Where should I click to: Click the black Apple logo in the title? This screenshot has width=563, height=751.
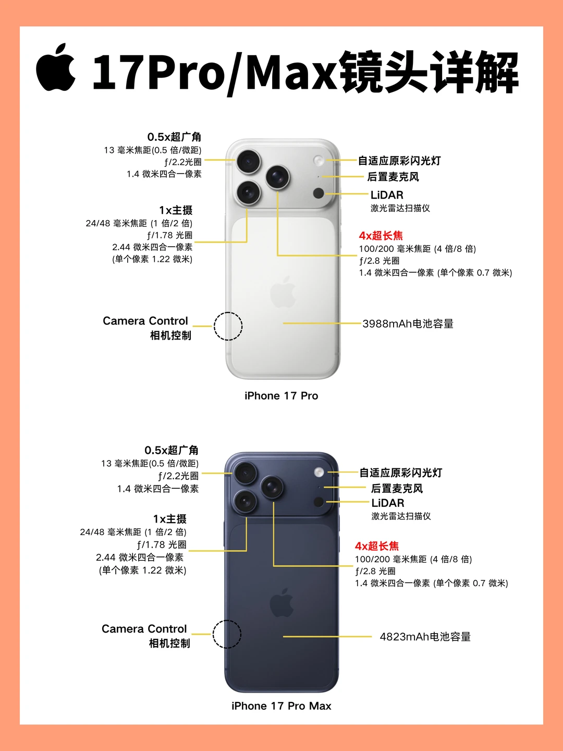[x=56, y=67]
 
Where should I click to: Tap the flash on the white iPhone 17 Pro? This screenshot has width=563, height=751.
[x=319, y=161]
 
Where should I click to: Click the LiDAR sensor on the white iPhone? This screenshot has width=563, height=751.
[x=319, y=193]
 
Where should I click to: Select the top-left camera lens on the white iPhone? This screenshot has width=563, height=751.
[x=249, y=162]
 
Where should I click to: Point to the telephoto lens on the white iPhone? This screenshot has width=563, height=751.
[x=277, y=177]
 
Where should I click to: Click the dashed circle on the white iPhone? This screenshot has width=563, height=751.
[x=228, y=326]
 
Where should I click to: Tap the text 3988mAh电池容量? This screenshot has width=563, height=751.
[x=408, y=324]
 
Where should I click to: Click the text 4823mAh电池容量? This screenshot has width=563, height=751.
[x=425, y=637]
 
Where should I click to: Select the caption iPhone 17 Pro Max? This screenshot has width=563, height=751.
[x=281, y=706]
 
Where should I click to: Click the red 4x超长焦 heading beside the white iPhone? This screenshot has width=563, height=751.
[x=381, y=236]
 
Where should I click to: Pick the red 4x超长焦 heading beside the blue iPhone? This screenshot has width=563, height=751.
[x=377, y=546]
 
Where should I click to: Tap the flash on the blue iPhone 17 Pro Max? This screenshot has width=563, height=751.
[x=319, y=473]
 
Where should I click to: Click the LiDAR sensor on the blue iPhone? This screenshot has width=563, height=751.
[x=319, y=502]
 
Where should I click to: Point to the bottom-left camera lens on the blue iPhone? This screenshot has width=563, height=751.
[x=245, y=501]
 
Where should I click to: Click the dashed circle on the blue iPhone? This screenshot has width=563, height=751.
[x=227, y=634]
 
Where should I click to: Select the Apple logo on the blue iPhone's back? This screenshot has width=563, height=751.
[x=281, y=603]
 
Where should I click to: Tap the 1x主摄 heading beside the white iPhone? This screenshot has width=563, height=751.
[x=176, y=210]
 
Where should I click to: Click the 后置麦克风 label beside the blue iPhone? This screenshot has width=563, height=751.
[x=397, y=489]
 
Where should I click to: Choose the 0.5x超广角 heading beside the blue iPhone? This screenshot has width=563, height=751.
[x=172, y=450]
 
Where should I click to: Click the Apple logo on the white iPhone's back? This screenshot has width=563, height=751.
[x=283, y=292]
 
